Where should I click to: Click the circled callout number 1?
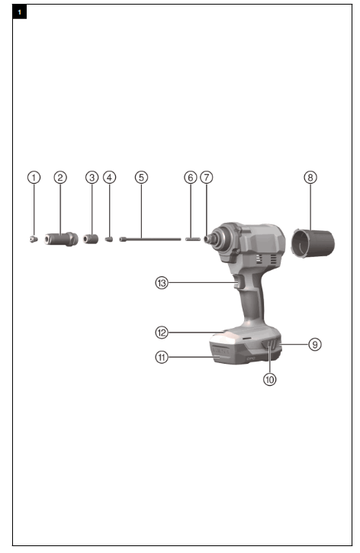click(34, 177)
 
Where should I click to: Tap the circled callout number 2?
click(60, 177)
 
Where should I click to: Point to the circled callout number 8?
click(310, 177)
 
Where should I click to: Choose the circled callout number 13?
click(161, 282)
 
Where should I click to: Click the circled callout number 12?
click(161, 333)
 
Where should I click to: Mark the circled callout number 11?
click(161, 356)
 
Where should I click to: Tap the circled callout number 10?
click(269, 378)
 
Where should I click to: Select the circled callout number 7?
click(207, 177)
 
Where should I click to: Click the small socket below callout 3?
click(92, 239)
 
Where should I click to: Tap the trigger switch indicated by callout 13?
click(238, 284)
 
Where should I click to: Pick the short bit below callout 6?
click(191, 239)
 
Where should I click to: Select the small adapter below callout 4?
click(110, 239)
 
